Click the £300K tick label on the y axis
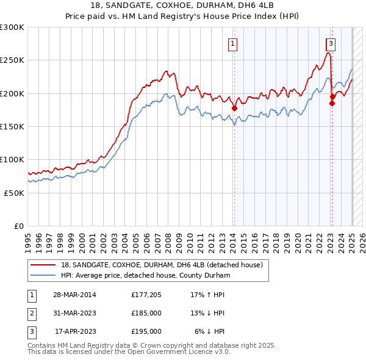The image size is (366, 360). click(x=12, y=27)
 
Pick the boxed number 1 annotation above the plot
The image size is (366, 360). click(x=234, y=43)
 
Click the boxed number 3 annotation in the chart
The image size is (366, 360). click(x=330, y=43)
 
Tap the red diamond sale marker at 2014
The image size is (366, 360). click(x=234, y=109)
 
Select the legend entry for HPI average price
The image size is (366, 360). click(x=145, y=275)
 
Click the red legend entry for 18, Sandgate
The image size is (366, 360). click(x=161, y=265)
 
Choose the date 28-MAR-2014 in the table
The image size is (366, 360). click(x=75, y=295)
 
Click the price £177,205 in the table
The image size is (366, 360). click(x=146, y=295)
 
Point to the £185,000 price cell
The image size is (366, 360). click(x=146, y=313)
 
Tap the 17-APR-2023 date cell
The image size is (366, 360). click(x=75, y=331)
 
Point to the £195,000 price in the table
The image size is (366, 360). click(x=146, y=331)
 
